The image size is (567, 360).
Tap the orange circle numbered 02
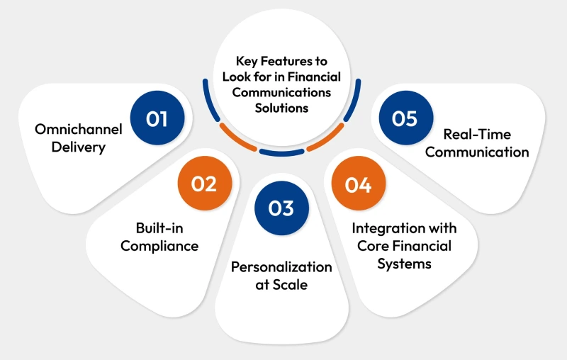[203, 184]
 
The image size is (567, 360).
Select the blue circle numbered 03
[281, 208]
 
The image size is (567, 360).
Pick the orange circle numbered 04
[358, 185]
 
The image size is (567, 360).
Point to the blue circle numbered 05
[405, 118]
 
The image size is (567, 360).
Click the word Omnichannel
[79, 130]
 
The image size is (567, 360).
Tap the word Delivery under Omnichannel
[79, 147]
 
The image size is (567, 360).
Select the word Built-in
[159, 228]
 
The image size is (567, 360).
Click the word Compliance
[159, 246]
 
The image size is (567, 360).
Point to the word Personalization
[281, 266]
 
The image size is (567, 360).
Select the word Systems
[405, 264]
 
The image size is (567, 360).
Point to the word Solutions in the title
[283, 108]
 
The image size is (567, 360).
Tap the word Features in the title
[284, 62]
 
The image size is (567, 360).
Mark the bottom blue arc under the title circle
[282, 152]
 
